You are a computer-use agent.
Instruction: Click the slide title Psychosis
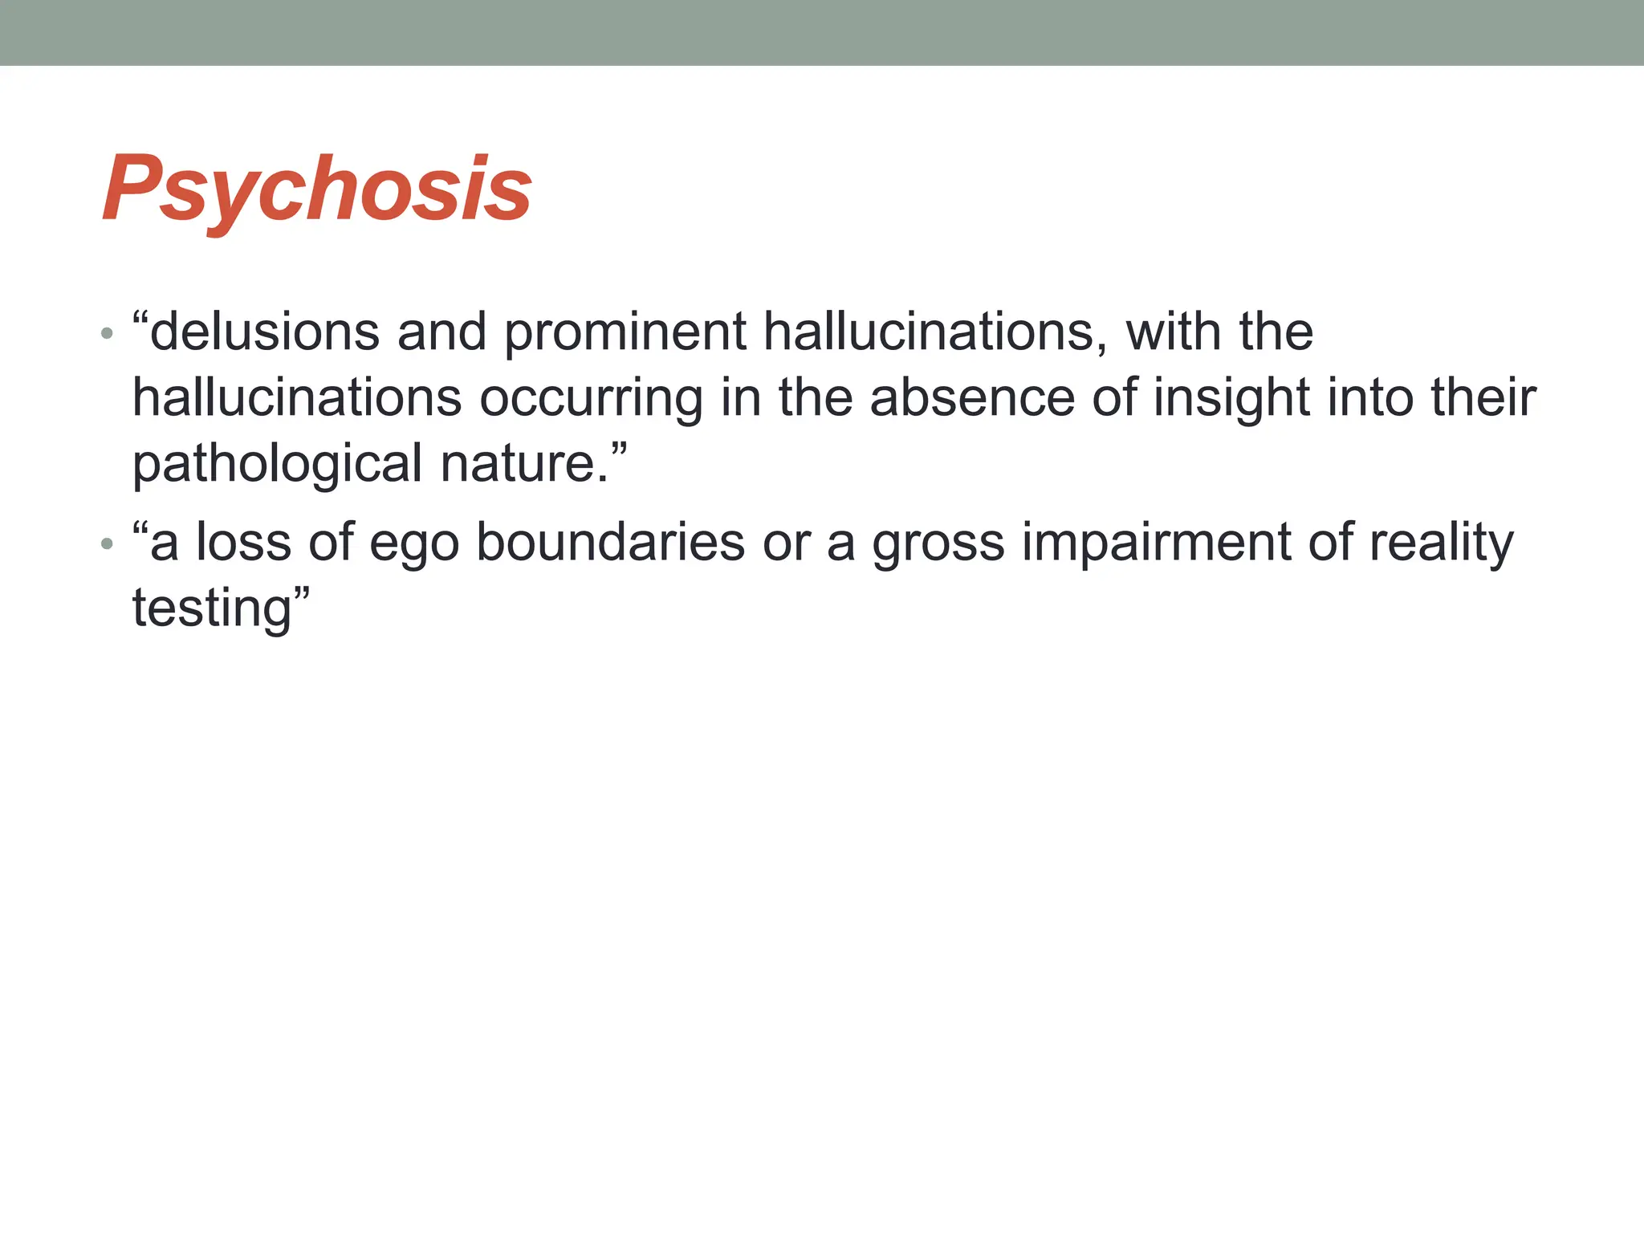317,189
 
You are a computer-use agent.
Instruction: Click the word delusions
264,332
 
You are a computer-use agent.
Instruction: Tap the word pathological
277,465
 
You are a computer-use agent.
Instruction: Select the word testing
212,609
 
